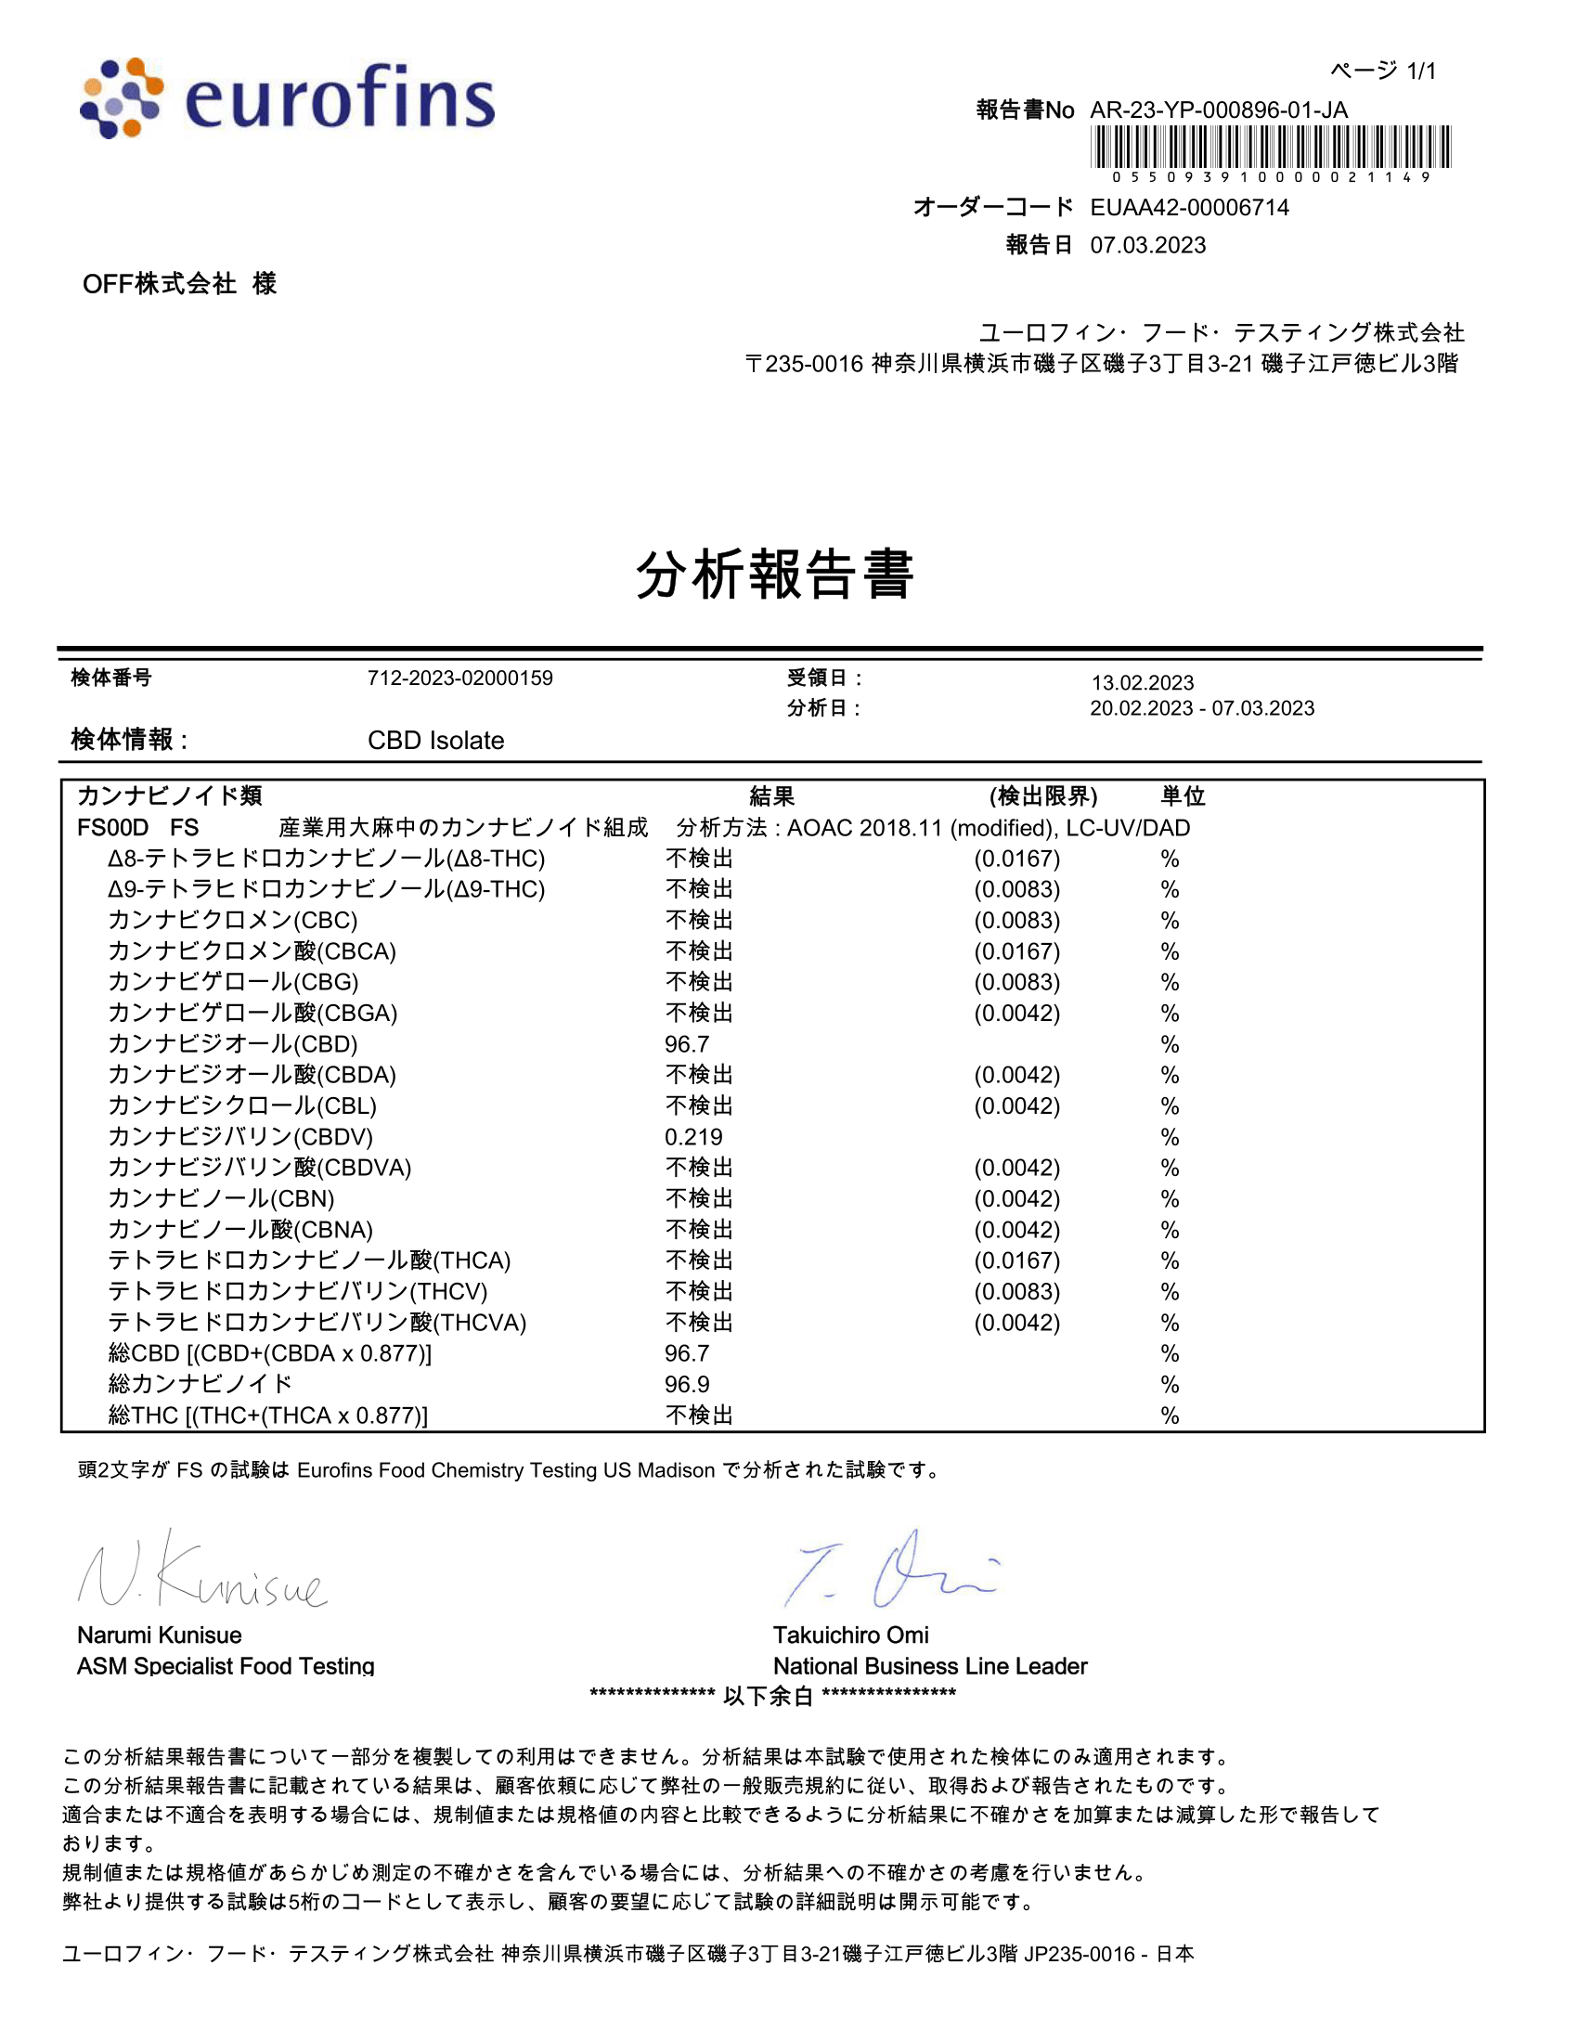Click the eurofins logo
[287, 98]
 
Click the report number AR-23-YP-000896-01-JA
[1218, 110]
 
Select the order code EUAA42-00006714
[1189, 208]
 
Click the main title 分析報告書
[774, 573]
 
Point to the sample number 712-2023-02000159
[459, 678]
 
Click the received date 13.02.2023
[1143, 682]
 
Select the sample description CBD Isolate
[435, 741]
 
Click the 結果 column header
[772, 796]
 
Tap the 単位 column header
[1183, 796]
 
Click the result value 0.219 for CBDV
[693, 1137]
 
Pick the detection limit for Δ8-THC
[1017, 859]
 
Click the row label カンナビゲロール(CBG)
[233, 983]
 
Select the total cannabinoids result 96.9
[687, 1385]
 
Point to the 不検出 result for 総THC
[699, 1415]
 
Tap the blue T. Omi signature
[892, 1570]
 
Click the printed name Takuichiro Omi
[850, 1635]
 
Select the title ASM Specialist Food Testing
[226, 1666]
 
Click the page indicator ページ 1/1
[1383, 71]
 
